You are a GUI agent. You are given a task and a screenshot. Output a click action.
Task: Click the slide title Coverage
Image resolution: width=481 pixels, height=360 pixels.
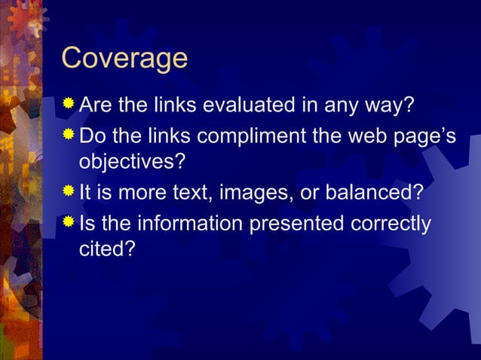[124, 59]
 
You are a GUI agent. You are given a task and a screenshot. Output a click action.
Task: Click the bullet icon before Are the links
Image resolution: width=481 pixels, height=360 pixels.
[69, 102]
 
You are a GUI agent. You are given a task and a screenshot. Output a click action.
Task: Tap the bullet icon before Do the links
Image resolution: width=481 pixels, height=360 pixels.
[69, 136]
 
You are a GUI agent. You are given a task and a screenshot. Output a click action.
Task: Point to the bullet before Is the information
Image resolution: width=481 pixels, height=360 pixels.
[69, 223]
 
